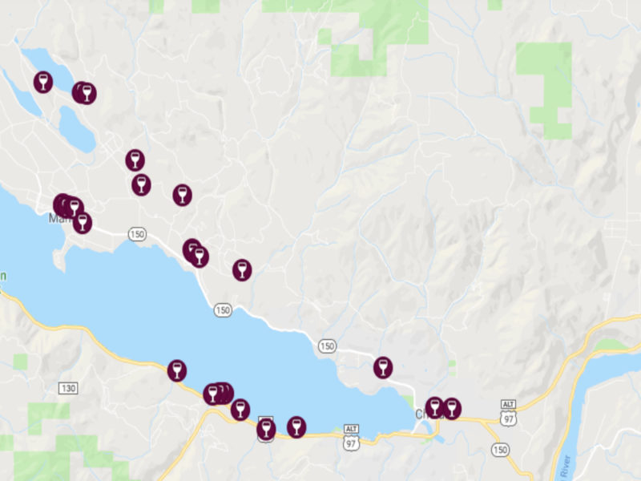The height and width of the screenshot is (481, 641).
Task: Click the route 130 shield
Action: coord(67,388)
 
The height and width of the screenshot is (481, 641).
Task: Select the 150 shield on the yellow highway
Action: coord(502,450)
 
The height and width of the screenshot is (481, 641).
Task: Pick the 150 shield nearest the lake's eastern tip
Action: coord(326,346)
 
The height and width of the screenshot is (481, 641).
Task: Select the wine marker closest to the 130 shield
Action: coord(177,370)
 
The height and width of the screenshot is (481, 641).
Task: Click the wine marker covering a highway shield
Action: coord(266,429)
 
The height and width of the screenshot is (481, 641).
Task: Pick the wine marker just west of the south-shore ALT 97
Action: coord(296,426)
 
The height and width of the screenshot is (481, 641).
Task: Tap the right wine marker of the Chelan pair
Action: coord(451,408)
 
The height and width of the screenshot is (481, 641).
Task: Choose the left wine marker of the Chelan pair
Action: coord(434,407)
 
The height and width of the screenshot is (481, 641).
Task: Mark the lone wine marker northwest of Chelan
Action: coord(383,367)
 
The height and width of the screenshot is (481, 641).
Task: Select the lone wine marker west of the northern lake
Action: coord(43,82)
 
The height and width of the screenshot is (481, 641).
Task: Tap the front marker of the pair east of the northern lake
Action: coord(87,93)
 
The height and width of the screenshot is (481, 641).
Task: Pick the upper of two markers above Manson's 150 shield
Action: coord(135,160)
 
